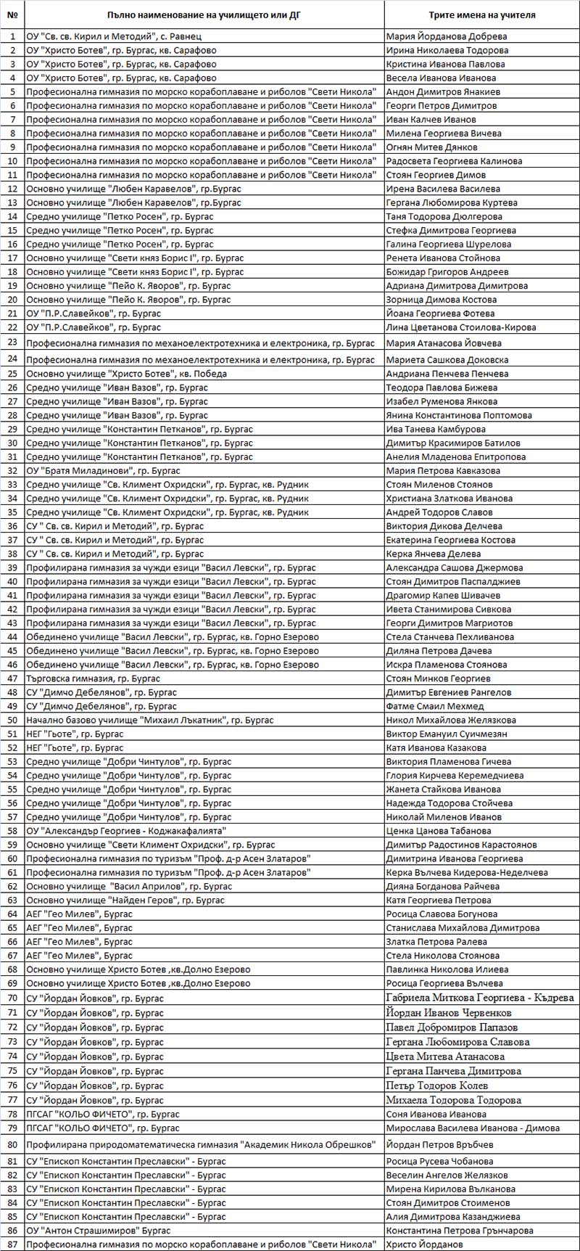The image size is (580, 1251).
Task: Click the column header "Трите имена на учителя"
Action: click(x=481, y=15)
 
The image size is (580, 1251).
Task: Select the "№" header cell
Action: click(x=12, y=15)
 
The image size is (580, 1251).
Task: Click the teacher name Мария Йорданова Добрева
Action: click(x=447, y=36)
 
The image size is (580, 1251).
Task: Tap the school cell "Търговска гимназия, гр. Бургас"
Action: click(x=94, y=678)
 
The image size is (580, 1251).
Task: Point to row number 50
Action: click(x=12, y=721)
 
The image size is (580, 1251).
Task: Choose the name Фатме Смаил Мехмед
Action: click(x=435, y=707)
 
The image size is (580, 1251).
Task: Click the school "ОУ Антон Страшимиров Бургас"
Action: click(x=99, y=1231)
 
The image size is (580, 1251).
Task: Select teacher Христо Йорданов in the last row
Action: click(x=424, y=1244)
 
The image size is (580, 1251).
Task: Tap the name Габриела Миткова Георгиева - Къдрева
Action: click(x=480, y=998)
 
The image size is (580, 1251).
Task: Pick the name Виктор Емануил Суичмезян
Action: click(x=447, y=734)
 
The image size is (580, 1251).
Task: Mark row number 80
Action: click(x=12, y=1145)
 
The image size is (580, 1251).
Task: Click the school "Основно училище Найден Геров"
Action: click(x=125, y=901)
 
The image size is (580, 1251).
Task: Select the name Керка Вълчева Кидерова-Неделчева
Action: click(x=467, y=873)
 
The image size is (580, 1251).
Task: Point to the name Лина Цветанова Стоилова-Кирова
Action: click(x=461, y=327)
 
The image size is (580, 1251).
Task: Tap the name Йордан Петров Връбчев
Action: click(x=439, y=1145)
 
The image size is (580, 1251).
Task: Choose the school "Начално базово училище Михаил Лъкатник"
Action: click(x=150, y=721)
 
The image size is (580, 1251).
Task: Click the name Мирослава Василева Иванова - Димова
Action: click(x=473, y=1128)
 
